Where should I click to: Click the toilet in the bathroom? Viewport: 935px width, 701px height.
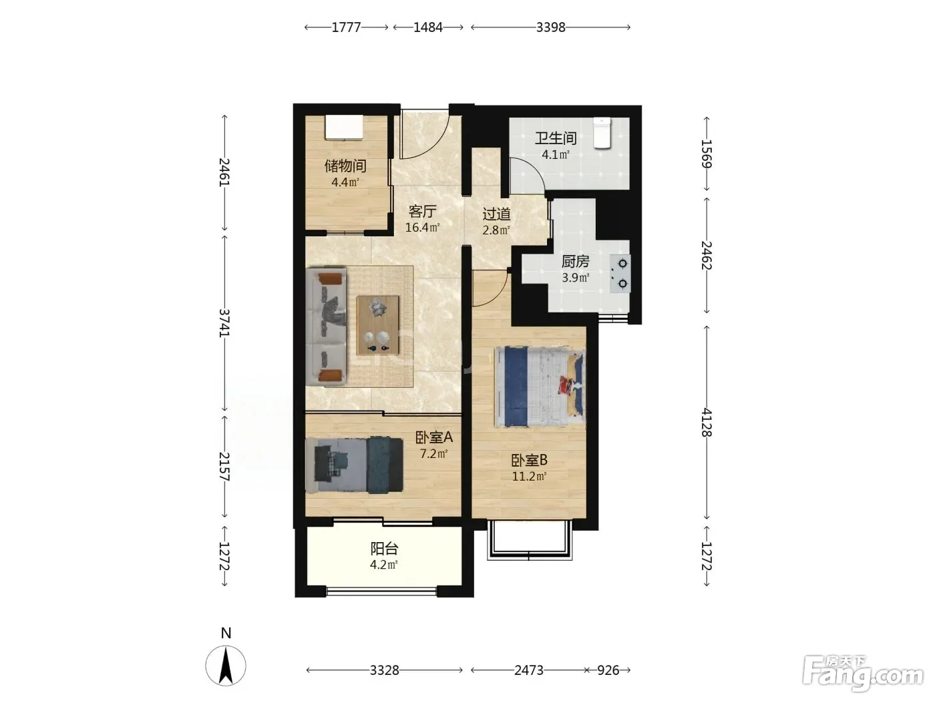pos(602,134)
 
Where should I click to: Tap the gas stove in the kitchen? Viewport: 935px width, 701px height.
pos(620,274)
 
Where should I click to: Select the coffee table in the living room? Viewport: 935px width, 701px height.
pos(378,325)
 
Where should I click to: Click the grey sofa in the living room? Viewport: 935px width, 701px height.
pos(326,327)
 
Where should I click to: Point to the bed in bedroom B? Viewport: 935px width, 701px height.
pos(540,387)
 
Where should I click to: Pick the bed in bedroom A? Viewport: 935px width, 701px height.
pos(355,465)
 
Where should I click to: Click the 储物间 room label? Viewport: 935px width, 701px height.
pos(345,166)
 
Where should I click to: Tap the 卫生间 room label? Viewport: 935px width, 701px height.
pos(556,138)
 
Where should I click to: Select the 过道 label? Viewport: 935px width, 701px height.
pos(496,214)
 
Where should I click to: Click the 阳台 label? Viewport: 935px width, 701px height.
pos(384,549)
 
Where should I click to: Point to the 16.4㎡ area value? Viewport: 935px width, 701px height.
pos(422,227)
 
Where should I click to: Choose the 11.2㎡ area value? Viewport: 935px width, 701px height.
pos(529,476)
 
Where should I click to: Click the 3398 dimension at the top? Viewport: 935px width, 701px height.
pos(550,27)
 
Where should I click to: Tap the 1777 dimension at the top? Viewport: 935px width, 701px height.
pos(346,27)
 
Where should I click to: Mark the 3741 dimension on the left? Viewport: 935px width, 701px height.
pos(224,323)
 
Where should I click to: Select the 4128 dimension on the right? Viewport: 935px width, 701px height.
pos(706,422)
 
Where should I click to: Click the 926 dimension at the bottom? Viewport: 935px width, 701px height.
pos(608,670)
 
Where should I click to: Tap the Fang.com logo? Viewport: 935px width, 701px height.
pos(862,674)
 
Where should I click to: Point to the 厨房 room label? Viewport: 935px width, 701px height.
pos(575,261)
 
